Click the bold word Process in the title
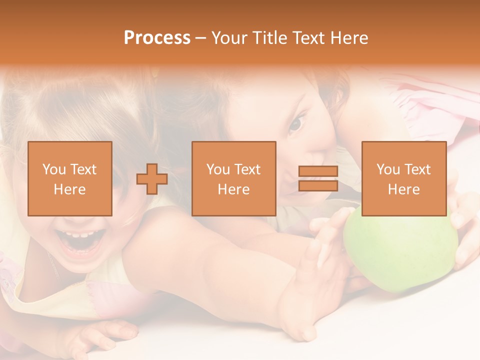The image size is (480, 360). click(x=157, y=38)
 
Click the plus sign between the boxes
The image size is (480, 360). click(x=152, y=179)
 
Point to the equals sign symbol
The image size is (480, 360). click(x=318, y=179)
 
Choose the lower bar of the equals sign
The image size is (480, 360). click(x=318, y=186)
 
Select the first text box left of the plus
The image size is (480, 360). click(x=69, y=179)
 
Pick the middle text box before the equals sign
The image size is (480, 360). click(x=233, y=179)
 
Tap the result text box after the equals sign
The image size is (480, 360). click(x=403, y=179)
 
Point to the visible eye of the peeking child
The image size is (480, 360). click(x=298, y=122)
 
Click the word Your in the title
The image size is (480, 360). click(x=231, y=38)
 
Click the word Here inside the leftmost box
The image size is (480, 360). click(x=69, y=189)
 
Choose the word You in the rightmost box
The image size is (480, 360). click(x=388, y=169)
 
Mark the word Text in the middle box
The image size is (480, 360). click(x=248, y=169)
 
